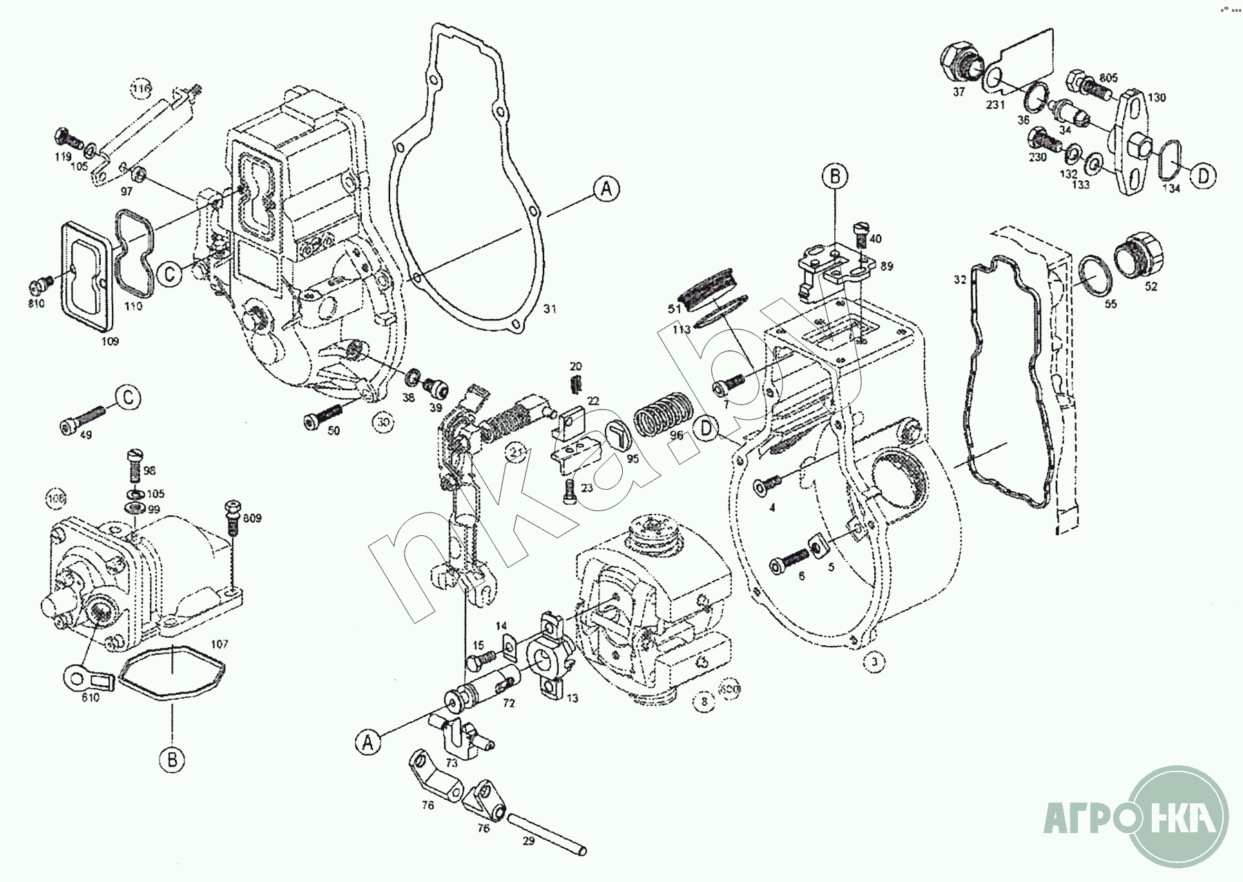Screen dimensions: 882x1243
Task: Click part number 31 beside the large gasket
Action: (548, 309)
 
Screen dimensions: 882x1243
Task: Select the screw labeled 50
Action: (322, 416)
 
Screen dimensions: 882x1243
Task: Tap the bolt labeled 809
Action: (232, 517)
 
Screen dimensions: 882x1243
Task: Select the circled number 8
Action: (704, 702)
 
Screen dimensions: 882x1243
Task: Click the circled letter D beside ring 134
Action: (1202, 175)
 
